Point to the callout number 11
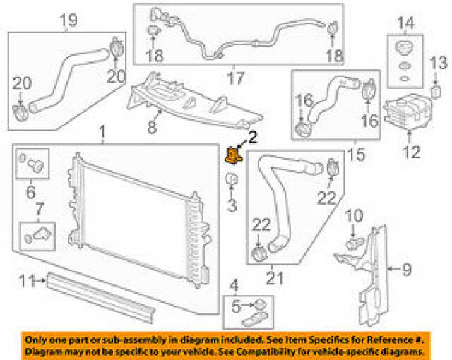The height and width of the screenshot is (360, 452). point(26,281)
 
